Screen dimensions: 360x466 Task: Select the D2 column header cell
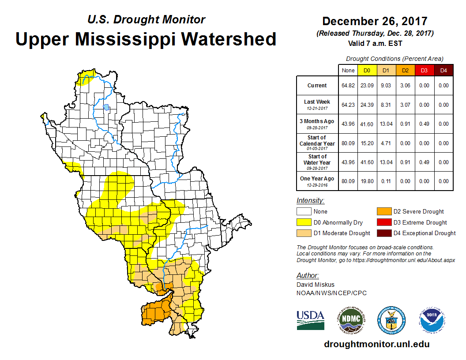pos(405,70)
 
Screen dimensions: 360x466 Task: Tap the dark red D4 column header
pos(443,70)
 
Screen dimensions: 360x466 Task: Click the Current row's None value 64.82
pos(348,86)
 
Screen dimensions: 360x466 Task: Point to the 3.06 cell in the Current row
pos(405,86)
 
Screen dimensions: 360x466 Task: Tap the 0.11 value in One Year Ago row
pos(386,181)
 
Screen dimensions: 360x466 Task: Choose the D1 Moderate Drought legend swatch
pos(304,233)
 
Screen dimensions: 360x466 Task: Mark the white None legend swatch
pos(304,212)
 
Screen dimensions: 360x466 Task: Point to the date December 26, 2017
pos(375,21)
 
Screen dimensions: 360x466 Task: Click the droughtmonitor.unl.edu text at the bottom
pos(376,344)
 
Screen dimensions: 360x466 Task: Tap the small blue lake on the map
pos(106,107)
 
